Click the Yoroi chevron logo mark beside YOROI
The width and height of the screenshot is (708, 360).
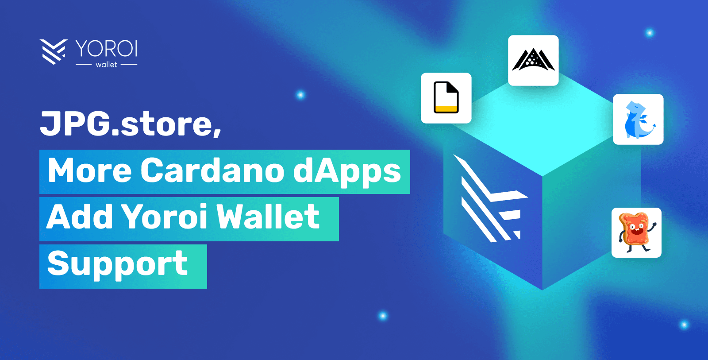click(x=53, y=51)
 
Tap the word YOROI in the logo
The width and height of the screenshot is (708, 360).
click(x=106, y=48)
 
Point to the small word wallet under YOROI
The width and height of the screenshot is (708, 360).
click(x=106, y=65)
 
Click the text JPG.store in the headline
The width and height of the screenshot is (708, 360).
click(x=127, y=124)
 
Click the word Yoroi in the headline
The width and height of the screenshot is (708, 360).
click(x=164, y=217)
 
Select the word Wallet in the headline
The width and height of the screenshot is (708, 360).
click(x=268, y=217)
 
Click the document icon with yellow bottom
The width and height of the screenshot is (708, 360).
click(x=446, y=98)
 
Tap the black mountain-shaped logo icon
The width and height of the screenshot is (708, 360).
click(x=533, y=60)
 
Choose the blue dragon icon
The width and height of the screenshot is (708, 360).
click(x=638, y=120)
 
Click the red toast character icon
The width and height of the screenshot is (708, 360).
click(x=636, y=232)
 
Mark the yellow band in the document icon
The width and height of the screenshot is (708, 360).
click(x=446, y=109)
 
